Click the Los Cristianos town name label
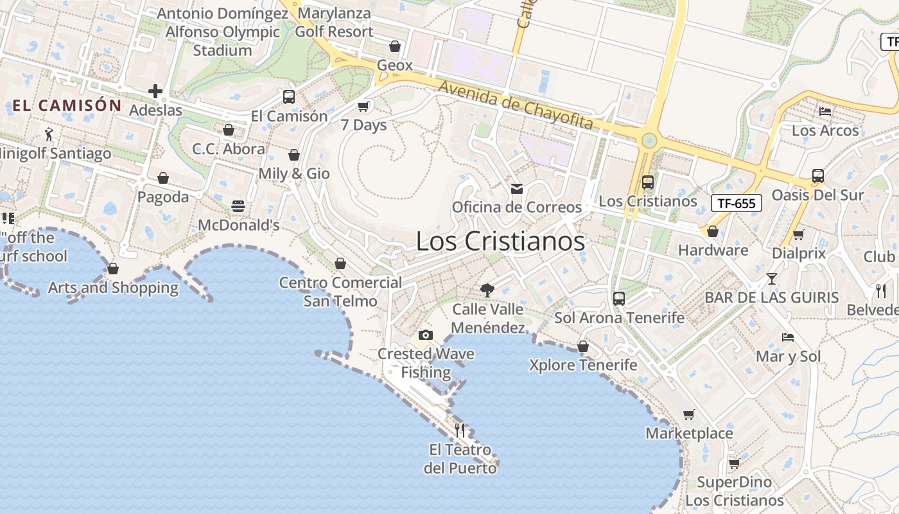(x=500, y=242)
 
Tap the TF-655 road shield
(x=736, y=204)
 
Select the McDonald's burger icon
(x=238, y=206)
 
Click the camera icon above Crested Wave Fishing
(x=425, y=335)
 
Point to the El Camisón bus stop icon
(x=289, y=97)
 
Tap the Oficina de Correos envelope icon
(x=516, y=189)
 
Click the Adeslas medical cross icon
(x=155, y=91)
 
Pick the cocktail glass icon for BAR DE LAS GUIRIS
(x=771, y=279)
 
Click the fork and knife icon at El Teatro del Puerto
(x=460, y=430)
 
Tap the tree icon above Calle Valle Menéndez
(x=487, y=290)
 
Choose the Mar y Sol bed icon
(x=788, y=337)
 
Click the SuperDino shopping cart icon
(x=734, y=463)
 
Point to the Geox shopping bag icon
(x=395, y=46)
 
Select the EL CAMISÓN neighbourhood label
(x=67, y=105)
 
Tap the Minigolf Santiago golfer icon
(x=49, y=134)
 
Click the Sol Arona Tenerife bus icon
(x=619, y=299)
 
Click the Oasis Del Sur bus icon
(x=817, y=175)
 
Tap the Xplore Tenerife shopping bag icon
(x=583, y=346)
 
